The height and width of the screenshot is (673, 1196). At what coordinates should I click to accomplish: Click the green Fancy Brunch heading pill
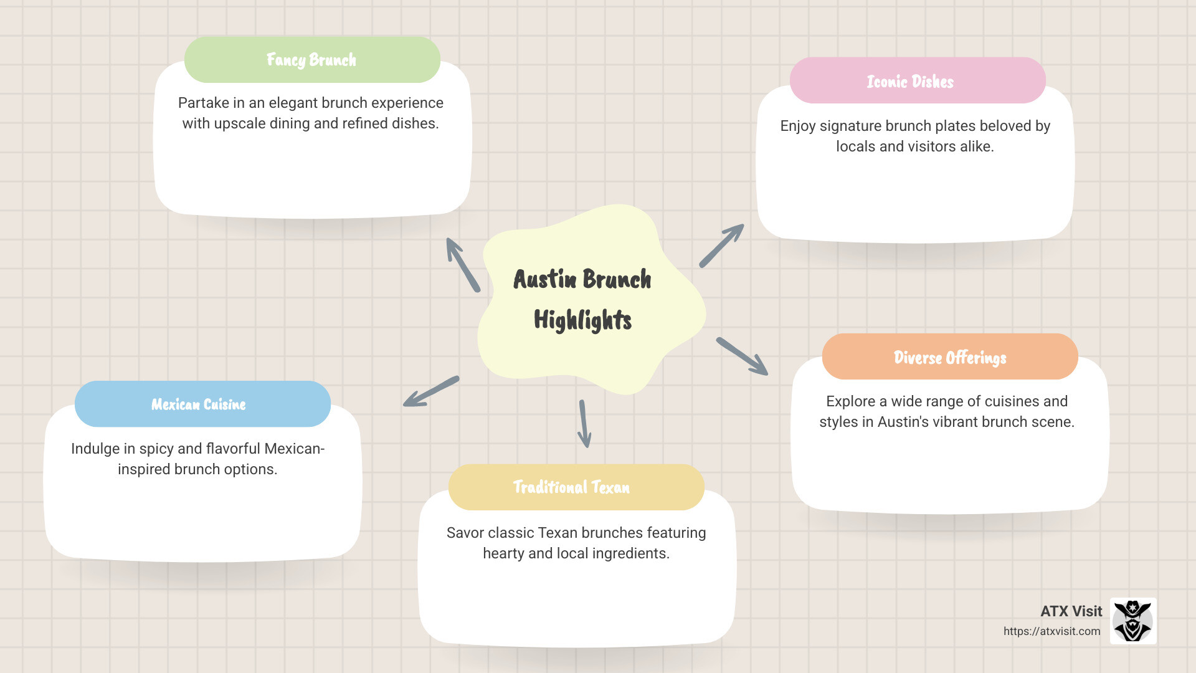[x=312, y=60]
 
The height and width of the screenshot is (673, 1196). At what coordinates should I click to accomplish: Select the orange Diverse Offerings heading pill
[x=949, y=357]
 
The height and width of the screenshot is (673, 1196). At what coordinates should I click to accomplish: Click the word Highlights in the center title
[x=582, y=320]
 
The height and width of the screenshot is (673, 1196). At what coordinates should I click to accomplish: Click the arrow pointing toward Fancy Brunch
[x=463, y=265]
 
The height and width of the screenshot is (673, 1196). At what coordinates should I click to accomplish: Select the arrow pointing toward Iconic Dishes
[x=721, y=246]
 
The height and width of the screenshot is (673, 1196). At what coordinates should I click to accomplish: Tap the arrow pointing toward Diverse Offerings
[x=742, y=356]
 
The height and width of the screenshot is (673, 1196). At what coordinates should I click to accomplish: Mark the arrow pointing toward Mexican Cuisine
[x=431, y=392]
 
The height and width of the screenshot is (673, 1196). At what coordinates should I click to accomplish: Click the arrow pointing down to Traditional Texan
[x=584, y=424]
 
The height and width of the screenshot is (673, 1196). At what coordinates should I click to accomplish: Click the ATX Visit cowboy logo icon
[x=1133, y=621]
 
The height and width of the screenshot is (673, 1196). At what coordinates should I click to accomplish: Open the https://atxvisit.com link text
[x=1051, y=631]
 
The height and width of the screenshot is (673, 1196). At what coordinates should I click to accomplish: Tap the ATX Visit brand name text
[x=1071, y=611]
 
